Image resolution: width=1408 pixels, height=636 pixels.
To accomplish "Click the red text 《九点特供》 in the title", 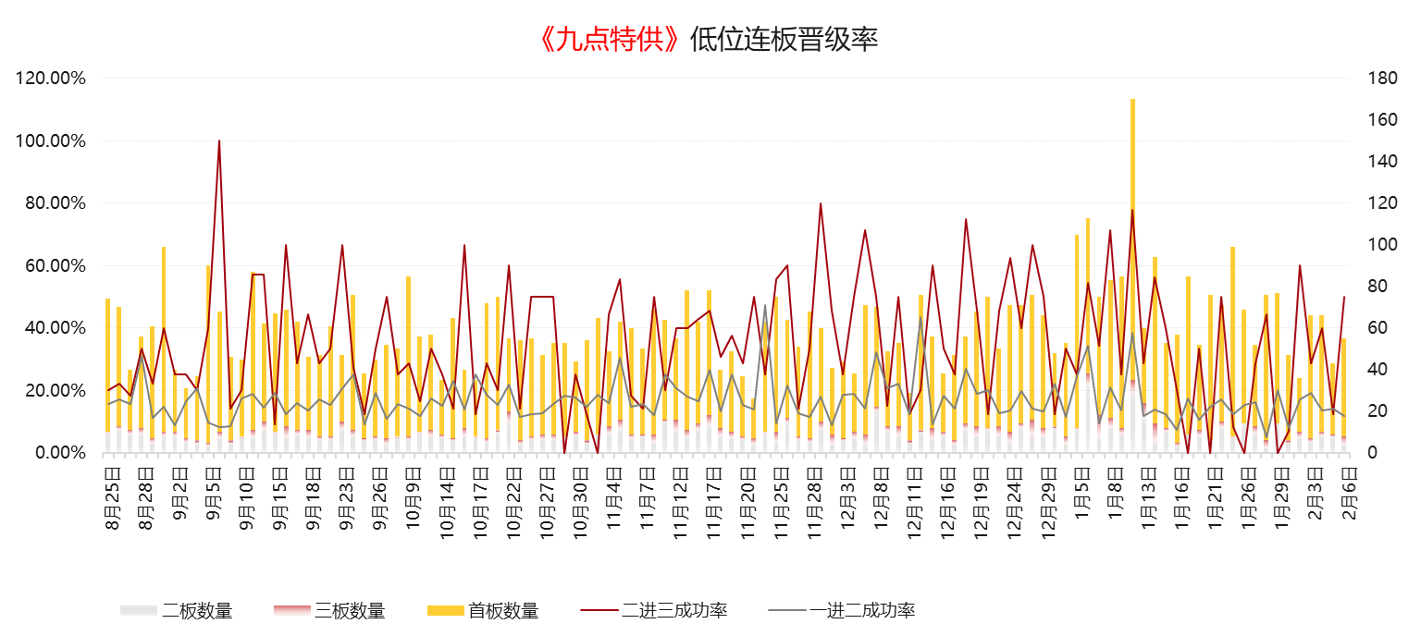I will (611, 40).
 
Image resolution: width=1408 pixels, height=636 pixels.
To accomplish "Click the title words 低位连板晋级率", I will (784, 40).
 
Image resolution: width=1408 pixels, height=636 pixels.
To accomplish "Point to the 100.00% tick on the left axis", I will (51, 141).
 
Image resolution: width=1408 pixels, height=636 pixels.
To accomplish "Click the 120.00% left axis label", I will (51, 79).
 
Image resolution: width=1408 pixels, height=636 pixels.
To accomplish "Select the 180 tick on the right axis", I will (1379, 79).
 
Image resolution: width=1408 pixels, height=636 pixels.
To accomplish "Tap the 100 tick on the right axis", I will (1379, 245).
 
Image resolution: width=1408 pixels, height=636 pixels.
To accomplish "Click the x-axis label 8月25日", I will (112, 499).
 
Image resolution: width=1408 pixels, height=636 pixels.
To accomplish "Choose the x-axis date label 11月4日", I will (613, 499).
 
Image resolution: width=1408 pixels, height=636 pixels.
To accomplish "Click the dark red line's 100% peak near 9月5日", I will (219, 141).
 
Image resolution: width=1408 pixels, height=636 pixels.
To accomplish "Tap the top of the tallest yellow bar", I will (1132, 100).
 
